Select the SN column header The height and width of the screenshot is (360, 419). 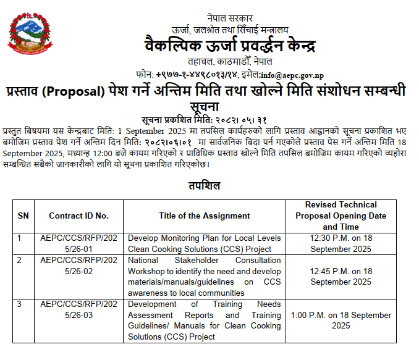[x=23, y=216]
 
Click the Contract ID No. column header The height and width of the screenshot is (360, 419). [x=78, y=216]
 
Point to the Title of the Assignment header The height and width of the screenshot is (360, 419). [x=204, y=216]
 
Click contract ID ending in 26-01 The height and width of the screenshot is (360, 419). [x=78, y=243]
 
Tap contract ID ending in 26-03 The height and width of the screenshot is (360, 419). [x=78, y=309]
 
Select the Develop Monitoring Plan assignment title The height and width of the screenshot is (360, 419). [x=204, y=243]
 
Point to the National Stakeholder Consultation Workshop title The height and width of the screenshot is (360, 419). [x=204, y=276]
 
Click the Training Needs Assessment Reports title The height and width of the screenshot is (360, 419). [x=204, y=320]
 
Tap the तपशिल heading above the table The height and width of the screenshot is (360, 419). [x=203, y=185]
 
